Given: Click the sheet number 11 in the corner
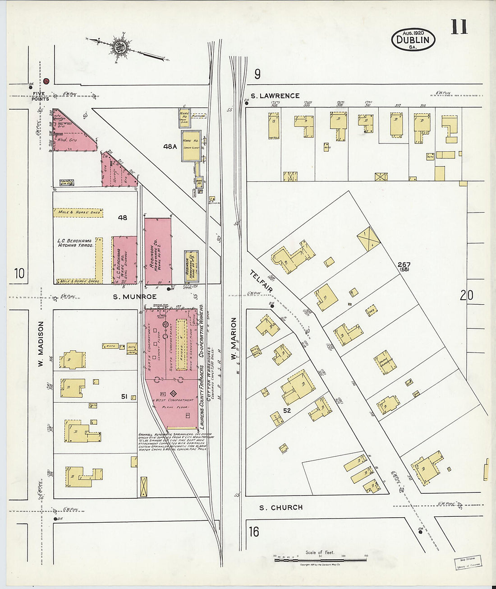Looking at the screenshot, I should click(459, 27).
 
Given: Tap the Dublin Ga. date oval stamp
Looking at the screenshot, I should click(413, 39).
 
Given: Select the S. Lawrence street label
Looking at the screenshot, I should click(275, 96).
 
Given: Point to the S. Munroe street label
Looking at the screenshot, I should click(134, 297).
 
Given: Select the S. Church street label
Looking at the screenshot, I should click(281, 507).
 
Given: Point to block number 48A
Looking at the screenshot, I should click(170, 146).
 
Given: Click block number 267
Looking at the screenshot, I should click(404, 264).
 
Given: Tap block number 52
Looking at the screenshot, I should click(287, 410).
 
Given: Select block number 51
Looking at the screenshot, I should click(124, 397).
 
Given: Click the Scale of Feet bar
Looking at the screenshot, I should click(320, 560).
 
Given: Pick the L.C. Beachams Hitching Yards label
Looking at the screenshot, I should click(75, 243).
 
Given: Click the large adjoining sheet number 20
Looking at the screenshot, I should click(466, 295).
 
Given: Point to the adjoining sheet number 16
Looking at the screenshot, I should click(254, 532).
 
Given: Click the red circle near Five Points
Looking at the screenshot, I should click(46, 81).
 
